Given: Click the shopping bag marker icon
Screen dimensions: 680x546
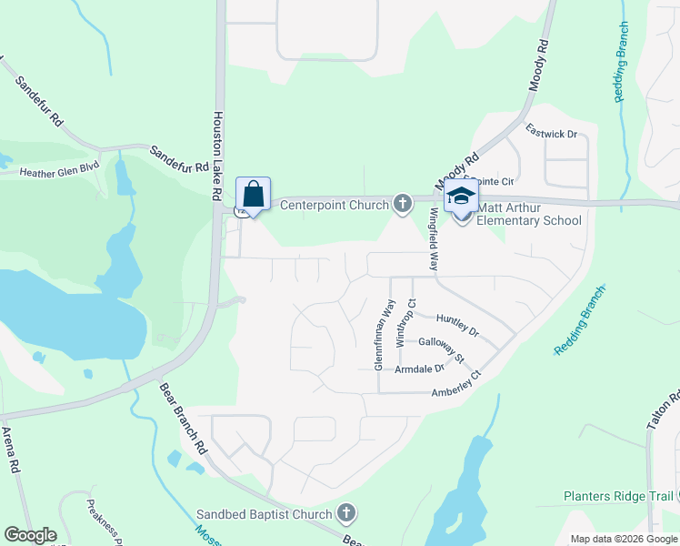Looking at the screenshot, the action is click(253, 195).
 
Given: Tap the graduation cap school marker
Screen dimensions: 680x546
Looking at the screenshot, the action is click(460, 197).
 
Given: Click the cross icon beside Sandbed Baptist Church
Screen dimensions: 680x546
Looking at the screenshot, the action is click(345, 514).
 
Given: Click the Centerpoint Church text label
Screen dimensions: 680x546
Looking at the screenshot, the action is click(334, 205).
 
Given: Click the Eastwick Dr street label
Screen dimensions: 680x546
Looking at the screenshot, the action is click(551, 134).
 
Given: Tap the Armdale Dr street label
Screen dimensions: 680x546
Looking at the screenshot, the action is click(419, 369).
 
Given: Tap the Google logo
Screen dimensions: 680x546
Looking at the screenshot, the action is click(30, 535).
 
